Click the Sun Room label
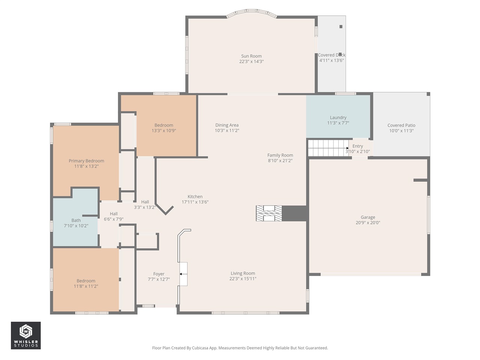[x=251, y=56]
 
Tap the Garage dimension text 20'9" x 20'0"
[x=367, y=223]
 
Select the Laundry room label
[x=338, y=118]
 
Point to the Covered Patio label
[x=401, y=126]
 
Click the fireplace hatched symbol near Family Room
[x=269, y=213]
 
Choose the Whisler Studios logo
[x=25, y=335]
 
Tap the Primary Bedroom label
[x=86, y=161]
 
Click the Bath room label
[x=76, y=220]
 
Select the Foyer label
[x=159, y=274]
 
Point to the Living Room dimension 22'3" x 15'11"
[x=243, y=279]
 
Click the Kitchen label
[x=195, y=197]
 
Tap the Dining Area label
[x=227, y=125]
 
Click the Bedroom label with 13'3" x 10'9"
[x=163, y=125]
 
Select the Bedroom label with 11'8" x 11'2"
[x=86, y=281]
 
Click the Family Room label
[x=280, y=155]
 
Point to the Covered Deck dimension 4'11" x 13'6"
[x=331, y=60]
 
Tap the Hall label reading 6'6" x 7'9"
[x=114, y=219]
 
